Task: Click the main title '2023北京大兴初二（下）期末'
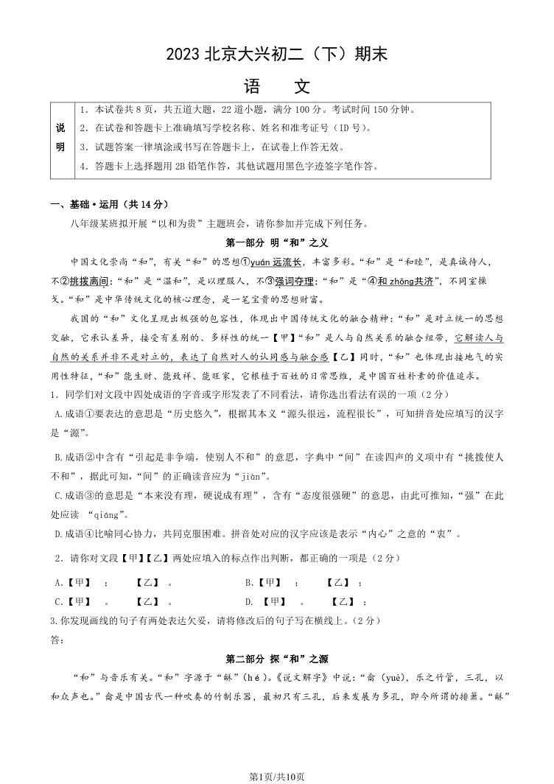point(277,54)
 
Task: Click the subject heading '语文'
point(277,86)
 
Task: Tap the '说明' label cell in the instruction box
point(60,138)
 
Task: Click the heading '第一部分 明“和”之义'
point(276,242)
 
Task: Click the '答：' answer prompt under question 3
point(57,640)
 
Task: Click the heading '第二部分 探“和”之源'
point(276,658)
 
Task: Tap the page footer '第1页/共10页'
point(277,775)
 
